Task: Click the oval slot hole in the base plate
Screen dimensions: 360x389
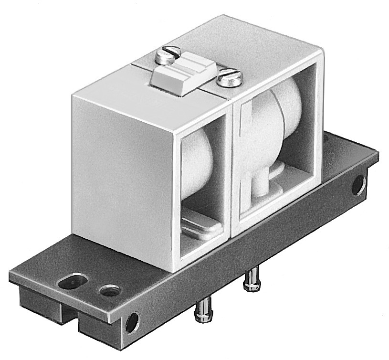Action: tap(73, 280)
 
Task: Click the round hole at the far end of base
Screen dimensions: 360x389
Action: tap(358, 185)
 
